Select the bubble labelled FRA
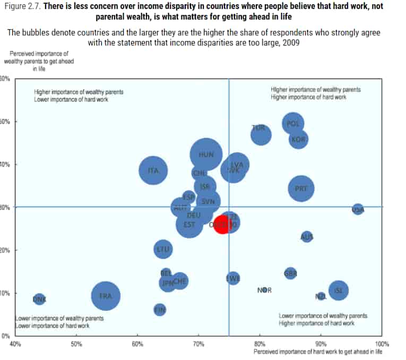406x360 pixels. click(106, 296)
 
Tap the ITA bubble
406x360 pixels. click(153, 170)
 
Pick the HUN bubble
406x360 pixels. click(206, 155)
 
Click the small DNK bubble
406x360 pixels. click(39, 299)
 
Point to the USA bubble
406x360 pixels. click(358, 209)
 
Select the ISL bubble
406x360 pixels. click(339, 290)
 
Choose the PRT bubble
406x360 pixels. click(301, 188)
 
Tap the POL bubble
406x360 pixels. click(293, 123)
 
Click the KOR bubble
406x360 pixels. click(299, 139)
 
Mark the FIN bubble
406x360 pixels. click(160, 309)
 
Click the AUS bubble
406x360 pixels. click(307, 237)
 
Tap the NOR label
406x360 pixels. click(264, 290)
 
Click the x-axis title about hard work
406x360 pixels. click(317, 352)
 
